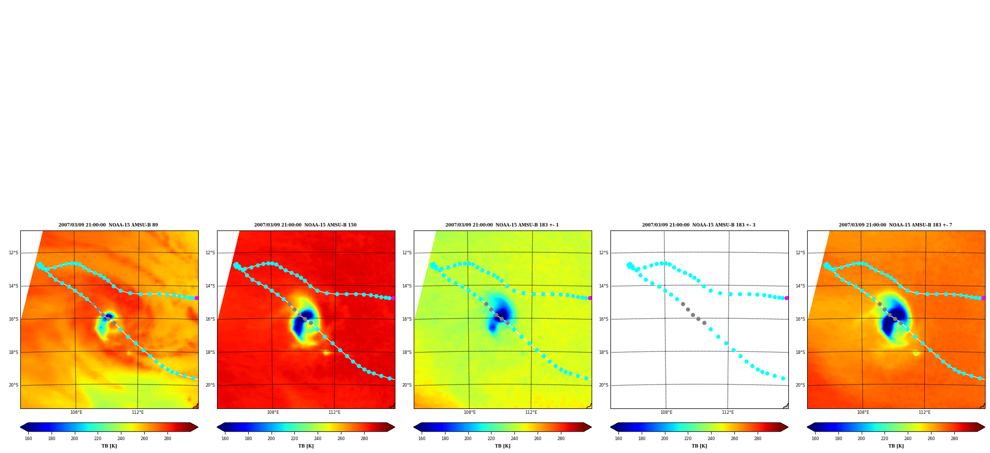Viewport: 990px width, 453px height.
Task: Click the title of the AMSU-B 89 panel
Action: pos(108,225)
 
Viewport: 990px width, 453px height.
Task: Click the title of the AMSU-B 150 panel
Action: pos(305,225)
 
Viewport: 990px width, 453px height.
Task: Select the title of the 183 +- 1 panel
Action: pos(502,225)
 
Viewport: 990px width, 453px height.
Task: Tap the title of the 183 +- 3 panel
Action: pos(699,225)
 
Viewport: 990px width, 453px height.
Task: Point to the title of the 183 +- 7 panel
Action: pos(895,225)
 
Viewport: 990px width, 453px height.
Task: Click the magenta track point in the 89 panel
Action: pos(196,298)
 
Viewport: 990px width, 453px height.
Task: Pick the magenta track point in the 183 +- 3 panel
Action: pos(786,298)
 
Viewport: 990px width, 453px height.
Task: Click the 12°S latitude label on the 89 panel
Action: pos(13,253)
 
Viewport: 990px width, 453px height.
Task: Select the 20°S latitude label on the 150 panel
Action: pos(210,385)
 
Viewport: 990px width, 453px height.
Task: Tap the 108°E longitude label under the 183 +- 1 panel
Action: pos(469,412)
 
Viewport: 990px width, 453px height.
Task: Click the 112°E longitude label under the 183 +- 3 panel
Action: pos(727,412)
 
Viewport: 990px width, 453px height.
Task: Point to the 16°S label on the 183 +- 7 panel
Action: pos(800,319)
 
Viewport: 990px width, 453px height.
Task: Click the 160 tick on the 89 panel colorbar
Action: pos(28,438)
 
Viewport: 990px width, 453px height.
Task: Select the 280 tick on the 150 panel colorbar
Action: pos(364,438)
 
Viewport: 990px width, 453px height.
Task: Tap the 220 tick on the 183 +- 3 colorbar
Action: pos(688,438)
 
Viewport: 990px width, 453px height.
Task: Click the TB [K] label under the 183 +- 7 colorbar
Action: pos(896,446)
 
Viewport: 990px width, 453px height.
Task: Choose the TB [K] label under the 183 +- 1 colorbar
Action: pos(502,446)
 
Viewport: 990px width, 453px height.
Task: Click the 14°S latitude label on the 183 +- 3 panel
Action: pos(604,286)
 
